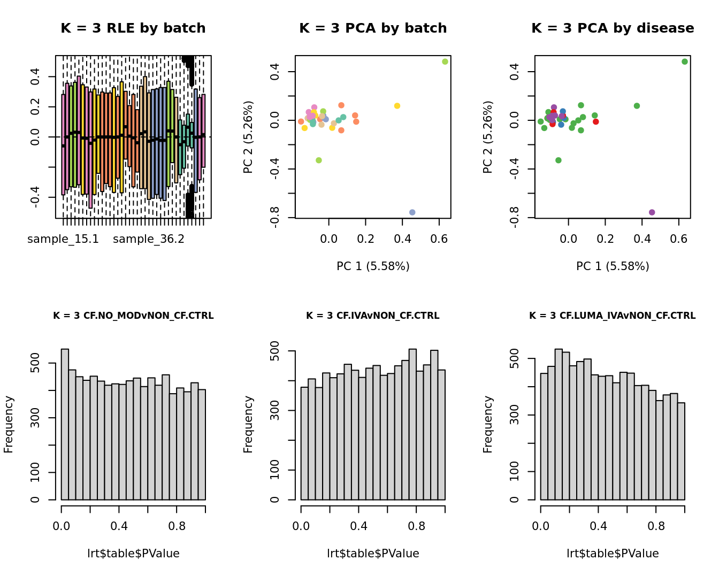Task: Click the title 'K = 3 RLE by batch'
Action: (133, 28)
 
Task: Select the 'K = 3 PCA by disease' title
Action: (613, 28)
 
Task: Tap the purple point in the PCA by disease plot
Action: (652, 212)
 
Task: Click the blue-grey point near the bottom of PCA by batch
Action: (412, 212)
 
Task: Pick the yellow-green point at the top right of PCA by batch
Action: (445, 62)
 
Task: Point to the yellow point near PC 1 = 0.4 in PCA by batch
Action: (397, 106)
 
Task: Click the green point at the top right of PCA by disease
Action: (685, 62)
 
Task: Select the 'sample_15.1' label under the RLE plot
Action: (63, 239)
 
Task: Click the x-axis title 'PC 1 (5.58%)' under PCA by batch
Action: (373, 266)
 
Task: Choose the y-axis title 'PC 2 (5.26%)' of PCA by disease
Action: (487, 137)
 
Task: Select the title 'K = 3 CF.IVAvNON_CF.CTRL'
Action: (373, 316)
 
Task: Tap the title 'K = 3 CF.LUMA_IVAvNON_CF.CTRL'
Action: (613, 316)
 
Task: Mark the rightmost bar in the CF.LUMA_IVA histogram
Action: (681, 451)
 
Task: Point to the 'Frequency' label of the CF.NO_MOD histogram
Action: (9, 424)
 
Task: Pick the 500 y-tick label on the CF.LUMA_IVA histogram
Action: (515, 358)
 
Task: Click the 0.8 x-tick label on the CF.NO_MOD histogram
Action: (177, 526)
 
